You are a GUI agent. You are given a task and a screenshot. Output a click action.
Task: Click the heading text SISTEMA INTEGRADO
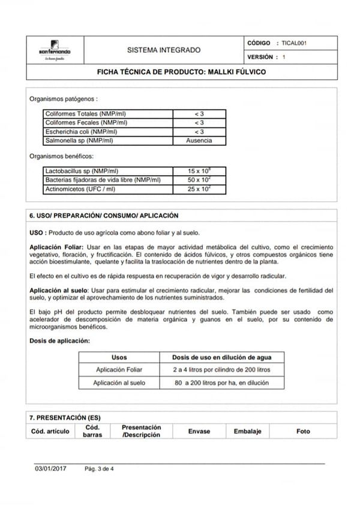[x=164, y=50]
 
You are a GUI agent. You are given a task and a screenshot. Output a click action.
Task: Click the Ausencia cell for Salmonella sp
[x=199, y=141]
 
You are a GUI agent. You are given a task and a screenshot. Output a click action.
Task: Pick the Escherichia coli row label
[x=81, y=132]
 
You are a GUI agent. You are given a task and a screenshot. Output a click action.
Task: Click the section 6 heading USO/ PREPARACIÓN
[x=104, y=215]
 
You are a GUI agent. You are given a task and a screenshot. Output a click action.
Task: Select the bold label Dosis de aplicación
[x=60, y=340]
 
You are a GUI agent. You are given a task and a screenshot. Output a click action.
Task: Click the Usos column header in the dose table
[x=119, y=357]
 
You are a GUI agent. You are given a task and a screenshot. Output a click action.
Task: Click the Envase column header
[x=199, y=431]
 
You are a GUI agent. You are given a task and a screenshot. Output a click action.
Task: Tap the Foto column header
[x=304, y=431]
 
